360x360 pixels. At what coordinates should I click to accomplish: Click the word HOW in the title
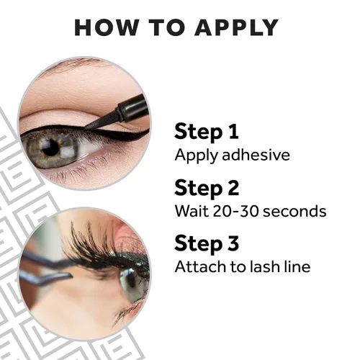tap(107, 27)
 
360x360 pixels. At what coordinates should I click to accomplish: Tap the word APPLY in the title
tap(236, 27)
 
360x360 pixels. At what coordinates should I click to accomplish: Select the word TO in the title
tap(167, 27)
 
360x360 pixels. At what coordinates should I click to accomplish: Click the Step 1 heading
tap(207, 132)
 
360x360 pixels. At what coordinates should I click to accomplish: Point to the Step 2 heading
tap(207, 188)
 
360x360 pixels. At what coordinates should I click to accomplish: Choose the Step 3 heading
tap(207, 243)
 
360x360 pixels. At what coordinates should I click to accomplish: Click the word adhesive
tap(256, 155)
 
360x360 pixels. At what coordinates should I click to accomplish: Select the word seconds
tap(292, 211)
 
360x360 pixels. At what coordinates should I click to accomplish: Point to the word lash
tap(265, 266)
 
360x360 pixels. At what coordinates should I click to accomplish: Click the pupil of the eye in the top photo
tap(51, 148)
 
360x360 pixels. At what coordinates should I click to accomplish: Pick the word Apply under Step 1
tap(197, 156)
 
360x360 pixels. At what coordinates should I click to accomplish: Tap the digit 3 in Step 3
tap(233, 243)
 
